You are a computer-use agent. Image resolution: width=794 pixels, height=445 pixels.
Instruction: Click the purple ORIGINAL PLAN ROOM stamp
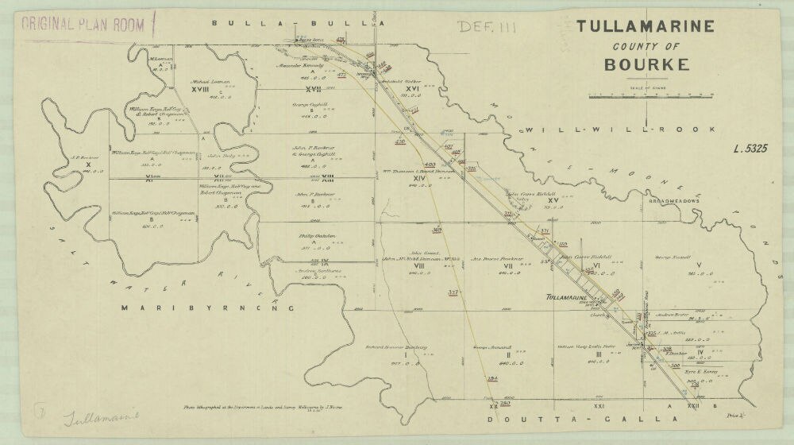(83, 24)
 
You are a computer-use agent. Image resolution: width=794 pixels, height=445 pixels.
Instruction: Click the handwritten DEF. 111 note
(487, 27)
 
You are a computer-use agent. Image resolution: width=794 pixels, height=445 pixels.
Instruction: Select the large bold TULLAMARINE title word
(646, 26)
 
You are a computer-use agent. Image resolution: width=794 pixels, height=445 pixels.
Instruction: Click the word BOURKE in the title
(646, 64)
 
